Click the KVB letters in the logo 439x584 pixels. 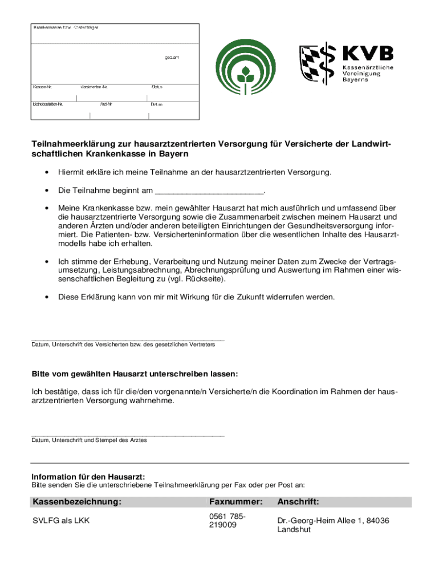[368, 54]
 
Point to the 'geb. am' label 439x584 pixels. [172, 58]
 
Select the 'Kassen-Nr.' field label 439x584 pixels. [43, 87]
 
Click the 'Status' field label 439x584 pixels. [157, 87]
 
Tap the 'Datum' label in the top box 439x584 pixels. [157, 105]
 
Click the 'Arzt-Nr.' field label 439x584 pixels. [106, 105]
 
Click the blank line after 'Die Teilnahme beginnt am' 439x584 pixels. [209, 190]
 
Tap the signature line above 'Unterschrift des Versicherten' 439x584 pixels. [128, 340]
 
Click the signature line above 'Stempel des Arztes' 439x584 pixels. [128, 435]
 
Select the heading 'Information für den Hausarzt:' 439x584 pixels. [88, 476]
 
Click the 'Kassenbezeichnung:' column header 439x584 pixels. [77, 502]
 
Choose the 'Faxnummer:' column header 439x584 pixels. [235, 502]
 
